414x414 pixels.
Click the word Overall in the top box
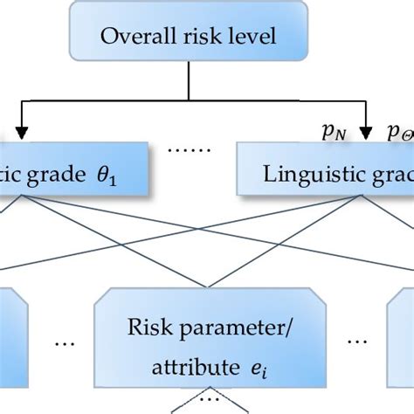[131, 38]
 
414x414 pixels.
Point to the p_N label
[333, 134]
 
